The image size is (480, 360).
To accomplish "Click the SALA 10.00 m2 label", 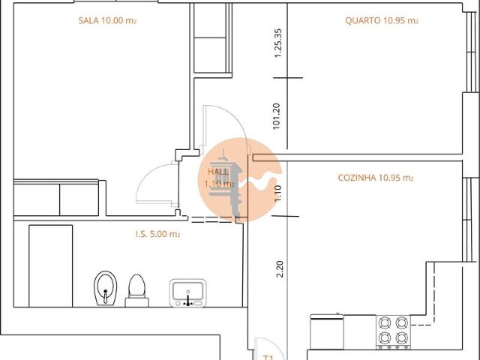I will pos(107,21).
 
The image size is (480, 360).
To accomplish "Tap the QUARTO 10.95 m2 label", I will pos(381,21).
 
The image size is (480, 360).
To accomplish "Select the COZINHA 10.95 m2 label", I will pos(376,178).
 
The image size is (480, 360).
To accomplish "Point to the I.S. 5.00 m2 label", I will pos(158,234).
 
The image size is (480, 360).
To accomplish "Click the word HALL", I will pos(217,172).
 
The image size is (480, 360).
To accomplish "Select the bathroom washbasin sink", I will pos(187,292).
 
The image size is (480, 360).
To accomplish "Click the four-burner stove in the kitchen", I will pos(392,331).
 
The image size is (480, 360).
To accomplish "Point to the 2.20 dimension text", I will pos(280,268).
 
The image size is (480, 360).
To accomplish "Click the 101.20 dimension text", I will pos(277,117).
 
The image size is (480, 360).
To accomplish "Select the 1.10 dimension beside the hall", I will pos(277,194).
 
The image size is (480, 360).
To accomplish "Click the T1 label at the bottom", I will pos(268,356).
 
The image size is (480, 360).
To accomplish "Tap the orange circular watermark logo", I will pos(238,180).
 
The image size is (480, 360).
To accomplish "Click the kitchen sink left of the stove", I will pos(327,331).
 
